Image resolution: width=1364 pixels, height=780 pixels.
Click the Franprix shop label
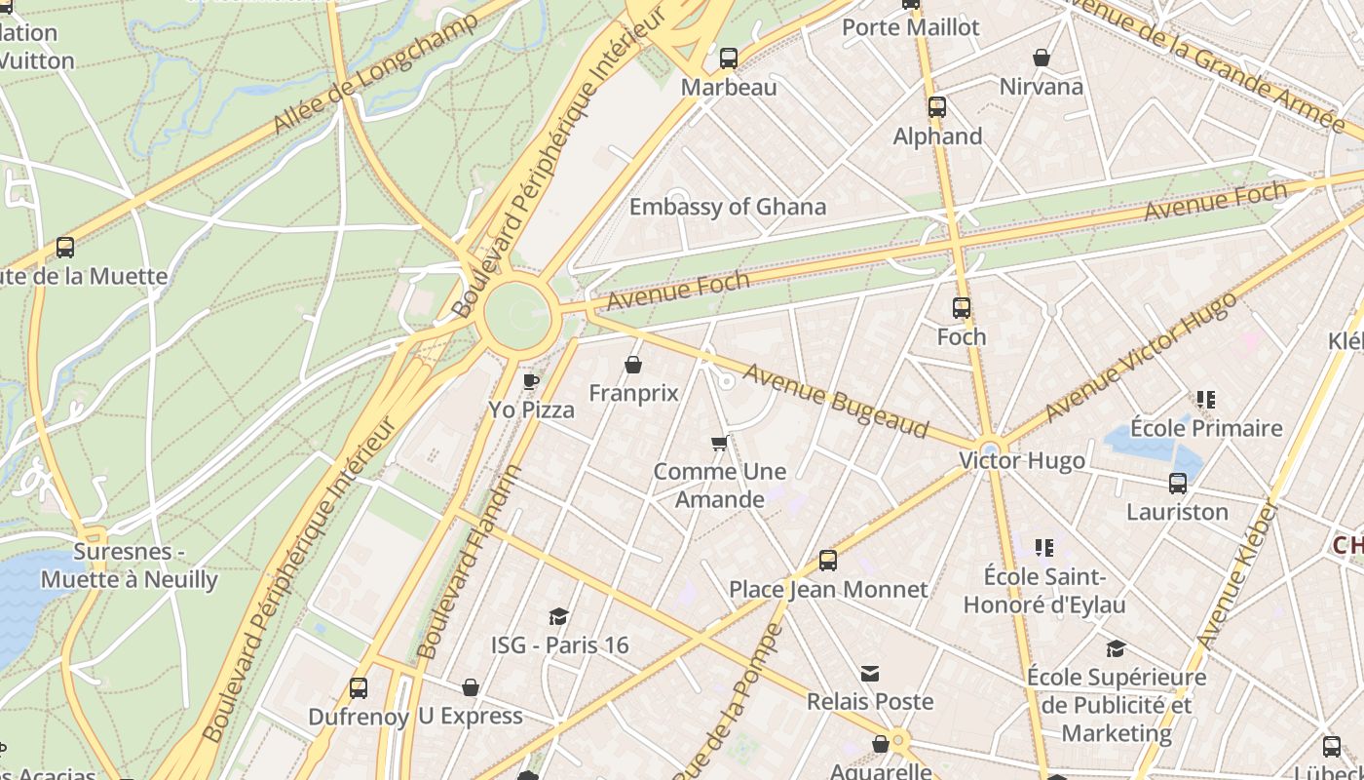click(x=633, y=393)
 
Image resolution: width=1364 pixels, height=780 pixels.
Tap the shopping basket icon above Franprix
click(x=633, y=365)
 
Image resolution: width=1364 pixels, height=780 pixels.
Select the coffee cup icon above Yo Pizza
click(x=531, y=381)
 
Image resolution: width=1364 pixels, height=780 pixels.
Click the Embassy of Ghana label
click(x=727, y=207)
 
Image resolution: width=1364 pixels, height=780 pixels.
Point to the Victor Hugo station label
click(x=1022, y=460)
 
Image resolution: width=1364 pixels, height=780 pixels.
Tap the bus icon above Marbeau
click(x=729, y=58)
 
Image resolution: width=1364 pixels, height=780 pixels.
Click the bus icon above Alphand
click(x=937, y=107)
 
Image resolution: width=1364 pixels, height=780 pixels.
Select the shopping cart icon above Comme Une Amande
click(x=719, y=444)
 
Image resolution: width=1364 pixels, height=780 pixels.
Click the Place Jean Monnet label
click(x=828, y=589)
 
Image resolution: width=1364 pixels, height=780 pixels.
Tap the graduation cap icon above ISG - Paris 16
click(x=558, y=616)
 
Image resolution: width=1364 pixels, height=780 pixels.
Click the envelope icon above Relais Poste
click(x=870, y=674)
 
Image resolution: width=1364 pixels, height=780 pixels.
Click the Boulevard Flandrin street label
click(x=470, y=563)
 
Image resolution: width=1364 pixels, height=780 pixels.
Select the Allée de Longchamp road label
click(x=376, y=73)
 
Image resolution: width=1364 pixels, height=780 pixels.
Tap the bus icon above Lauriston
click(x=1177, y=484)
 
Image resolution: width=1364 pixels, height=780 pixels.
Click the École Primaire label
click(x=1206, y=428)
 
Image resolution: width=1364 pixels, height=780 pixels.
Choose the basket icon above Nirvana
click(x=1041, y=58)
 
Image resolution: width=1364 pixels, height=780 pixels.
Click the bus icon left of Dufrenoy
click(x=359, y=688)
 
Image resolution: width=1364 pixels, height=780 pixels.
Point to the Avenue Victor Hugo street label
click(x=1141, y=357)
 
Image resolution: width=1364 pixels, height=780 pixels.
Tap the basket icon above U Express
click(x=471, y=687)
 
